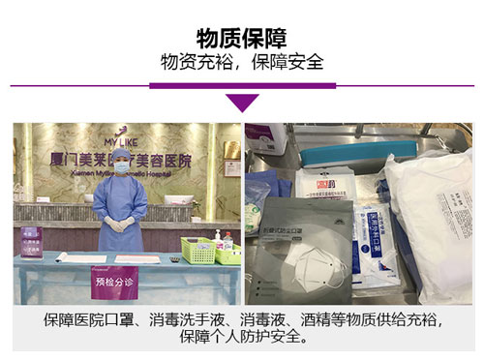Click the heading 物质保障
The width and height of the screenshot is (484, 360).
241,37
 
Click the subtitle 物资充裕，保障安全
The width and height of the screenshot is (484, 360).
241,61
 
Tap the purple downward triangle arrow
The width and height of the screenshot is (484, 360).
242,102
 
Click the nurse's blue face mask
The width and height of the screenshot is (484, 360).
122,167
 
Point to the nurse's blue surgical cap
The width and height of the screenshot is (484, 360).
122,154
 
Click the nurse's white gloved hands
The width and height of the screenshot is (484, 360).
123,224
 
